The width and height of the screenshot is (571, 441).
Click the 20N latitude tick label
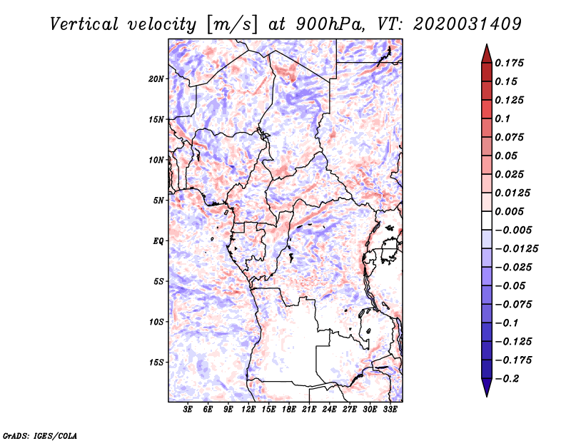coord(156,78)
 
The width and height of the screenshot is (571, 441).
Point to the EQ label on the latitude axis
coord(158,241)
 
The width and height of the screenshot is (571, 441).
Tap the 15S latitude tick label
coord(156,363)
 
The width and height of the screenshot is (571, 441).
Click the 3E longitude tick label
coord(188,410)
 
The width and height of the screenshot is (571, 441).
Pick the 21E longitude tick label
coord(310,410)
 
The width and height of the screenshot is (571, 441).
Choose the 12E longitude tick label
coord(249,410)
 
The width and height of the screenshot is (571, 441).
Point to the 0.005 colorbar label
coord(511,211)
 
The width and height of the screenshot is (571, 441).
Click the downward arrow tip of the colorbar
coord(486,393)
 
